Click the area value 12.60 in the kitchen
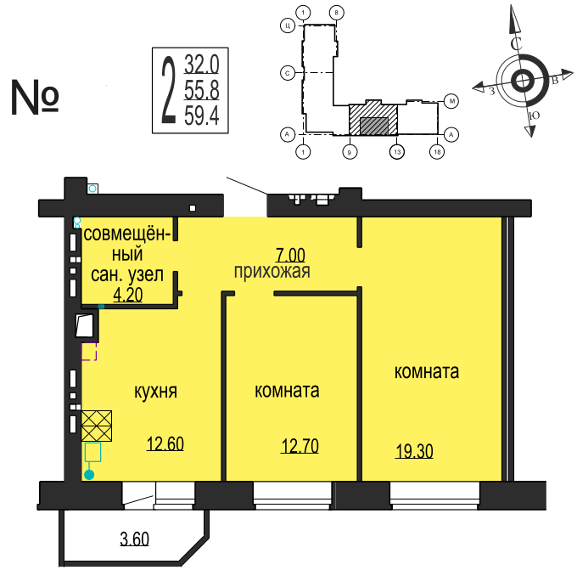165,443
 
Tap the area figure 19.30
414,452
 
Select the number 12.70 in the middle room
300,445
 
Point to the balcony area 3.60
134,538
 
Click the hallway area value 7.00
289,254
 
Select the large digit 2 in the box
169,89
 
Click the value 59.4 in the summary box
202,116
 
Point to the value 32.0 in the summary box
202,63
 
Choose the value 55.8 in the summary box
202,89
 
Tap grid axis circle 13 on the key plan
395,151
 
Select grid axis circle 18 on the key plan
437,151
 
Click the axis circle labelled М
452,102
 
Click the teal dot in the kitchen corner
88,475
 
